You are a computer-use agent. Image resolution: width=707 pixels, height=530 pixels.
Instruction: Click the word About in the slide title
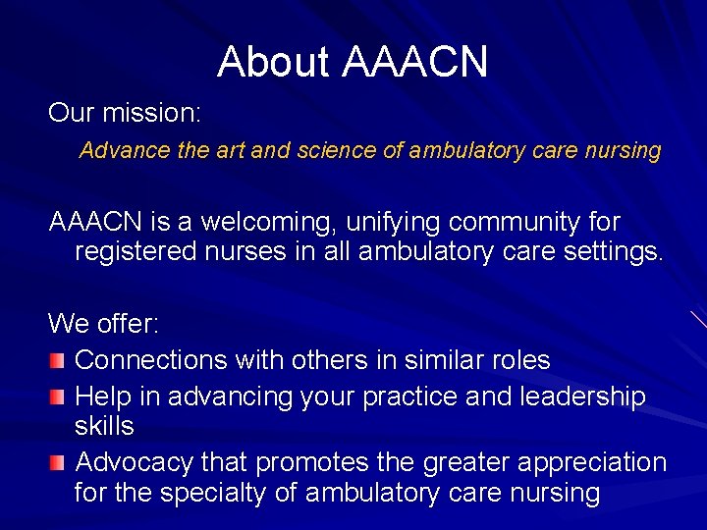tap(274, 62)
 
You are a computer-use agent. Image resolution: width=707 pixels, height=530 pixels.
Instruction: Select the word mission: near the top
tap(153, 113)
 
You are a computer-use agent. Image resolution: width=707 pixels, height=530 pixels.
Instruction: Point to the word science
tap(282, 151)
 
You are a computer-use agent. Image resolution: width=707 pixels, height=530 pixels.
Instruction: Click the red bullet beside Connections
tap(59, 360)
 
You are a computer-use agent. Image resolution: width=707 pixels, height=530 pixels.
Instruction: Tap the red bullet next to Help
tap(59, 397)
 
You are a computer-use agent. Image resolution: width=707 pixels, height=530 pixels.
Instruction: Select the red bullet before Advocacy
tap(59, 461)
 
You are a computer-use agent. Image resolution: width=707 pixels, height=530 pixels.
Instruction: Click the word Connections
tap(151, 360)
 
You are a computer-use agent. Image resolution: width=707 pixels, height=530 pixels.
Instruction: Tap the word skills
tap(104, 427)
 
